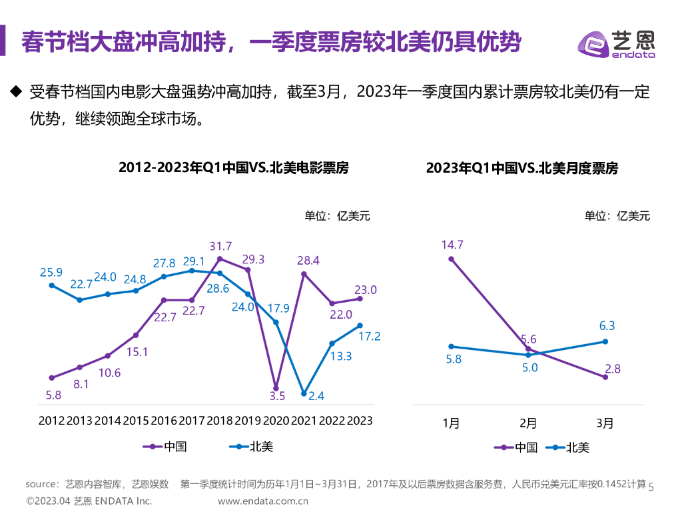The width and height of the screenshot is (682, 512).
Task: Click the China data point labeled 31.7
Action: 220,259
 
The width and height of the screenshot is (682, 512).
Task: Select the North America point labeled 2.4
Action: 304,393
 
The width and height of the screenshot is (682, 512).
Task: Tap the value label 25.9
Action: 51,272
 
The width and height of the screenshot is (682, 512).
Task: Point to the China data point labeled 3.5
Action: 276,387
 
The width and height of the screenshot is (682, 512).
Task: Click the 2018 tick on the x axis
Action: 220,421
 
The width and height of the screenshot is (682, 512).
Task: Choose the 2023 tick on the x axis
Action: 360,421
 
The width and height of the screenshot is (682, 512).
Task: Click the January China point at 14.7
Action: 452,259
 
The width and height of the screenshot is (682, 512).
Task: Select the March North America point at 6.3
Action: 605,341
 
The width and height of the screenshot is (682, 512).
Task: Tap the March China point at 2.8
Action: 605,377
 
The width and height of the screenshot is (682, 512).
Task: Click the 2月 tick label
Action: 528,423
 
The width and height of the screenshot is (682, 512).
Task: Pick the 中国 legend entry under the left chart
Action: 167,447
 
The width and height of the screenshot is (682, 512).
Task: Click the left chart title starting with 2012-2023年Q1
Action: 233,167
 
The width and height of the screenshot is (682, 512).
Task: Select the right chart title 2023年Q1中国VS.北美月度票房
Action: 521,169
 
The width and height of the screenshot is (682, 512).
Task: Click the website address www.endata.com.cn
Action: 263,501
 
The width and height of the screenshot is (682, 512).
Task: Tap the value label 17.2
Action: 369,337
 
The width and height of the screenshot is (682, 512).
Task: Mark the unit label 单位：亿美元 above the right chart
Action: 617,215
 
